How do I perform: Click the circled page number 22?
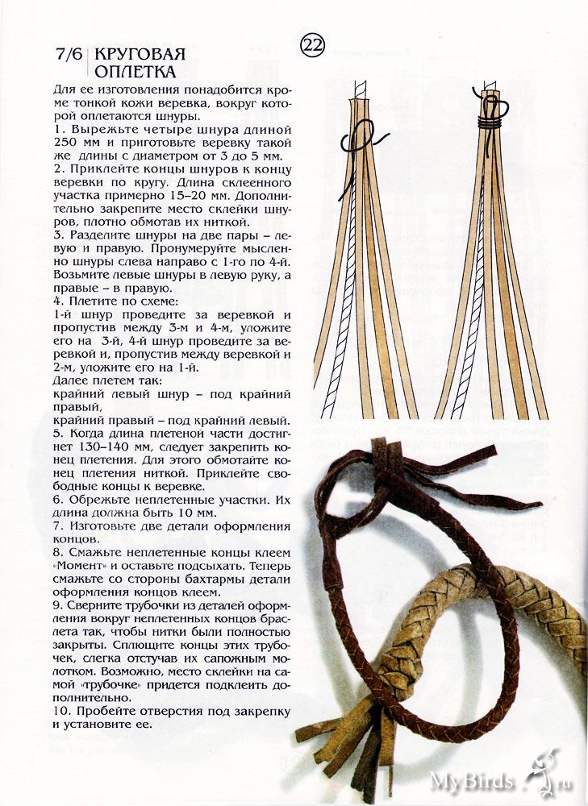point(312,46)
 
